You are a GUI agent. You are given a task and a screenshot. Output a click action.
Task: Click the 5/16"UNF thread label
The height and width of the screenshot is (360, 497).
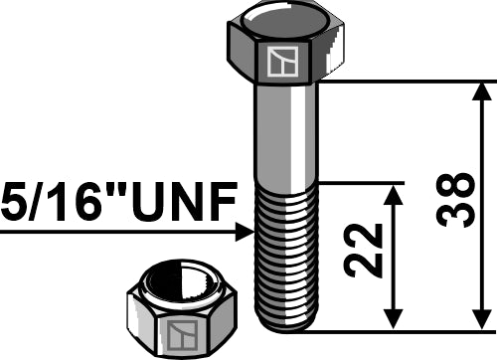click(119, 202)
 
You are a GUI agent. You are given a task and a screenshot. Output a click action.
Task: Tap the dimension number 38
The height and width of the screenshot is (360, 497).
click(455, 200)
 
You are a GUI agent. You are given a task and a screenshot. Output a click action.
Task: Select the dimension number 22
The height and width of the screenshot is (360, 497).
click(363, 251)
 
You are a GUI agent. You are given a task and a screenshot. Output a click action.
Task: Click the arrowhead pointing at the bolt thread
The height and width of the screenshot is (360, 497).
click(245, 232)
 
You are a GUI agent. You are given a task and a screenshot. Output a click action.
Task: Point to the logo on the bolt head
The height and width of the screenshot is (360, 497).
click(283, 61)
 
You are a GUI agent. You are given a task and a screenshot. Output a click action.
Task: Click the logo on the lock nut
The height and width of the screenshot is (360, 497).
click(182, 335)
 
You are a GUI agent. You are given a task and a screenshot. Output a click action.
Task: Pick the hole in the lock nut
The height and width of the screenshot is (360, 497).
click(181, 281)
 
